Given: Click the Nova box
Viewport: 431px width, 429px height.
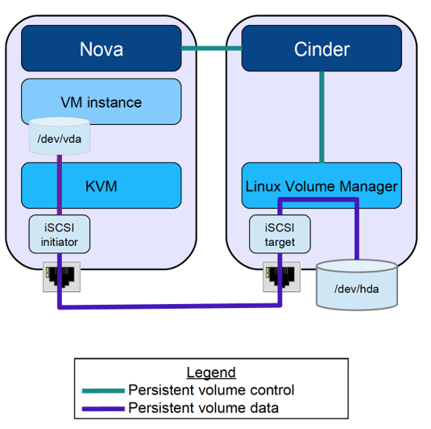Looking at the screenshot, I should point(101,49).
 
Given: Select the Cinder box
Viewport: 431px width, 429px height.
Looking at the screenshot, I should point(321,49).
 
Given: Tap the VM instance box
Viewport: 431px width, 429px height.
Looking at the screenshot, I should point(101,102).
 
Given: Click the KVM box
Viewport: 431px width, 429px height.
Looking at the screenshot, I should point(101,185).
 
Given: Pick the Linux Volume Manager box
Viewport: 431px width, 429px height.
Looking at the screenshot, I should point(321,186).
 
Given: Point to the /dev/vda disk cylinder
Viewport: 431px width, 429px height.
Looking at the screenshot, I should point(59,137).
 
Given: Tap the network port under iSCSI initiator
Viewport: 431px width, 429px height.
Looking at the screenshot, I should point(57,278).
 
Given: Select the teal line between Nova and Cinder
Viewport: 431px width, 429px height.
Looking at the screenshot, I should point(211,49).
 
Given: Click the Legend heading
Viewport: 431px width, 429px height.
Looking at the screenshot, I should point(211,373).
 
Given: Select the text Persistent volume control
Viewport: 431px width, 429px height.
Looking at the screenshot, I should point(211,390).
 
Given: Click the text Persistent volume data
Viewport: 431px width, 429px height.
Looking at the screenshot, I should point(203,408).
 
